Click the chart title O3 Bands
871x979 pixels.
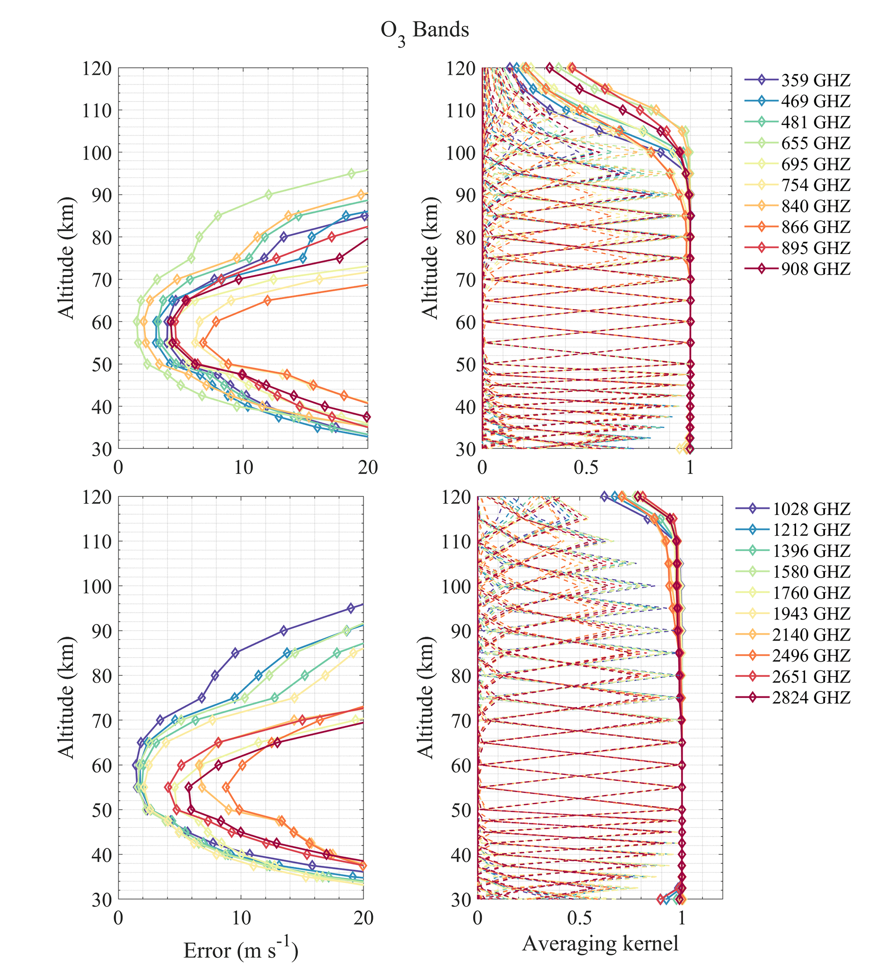point(424,32)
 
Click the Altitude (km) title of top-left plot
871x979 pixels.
point(66,258)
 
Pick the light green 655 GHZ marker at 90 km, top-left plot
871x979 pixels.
point(268,195)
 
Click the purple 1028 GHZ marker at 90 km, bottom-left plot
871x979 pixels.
point(284,631)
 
